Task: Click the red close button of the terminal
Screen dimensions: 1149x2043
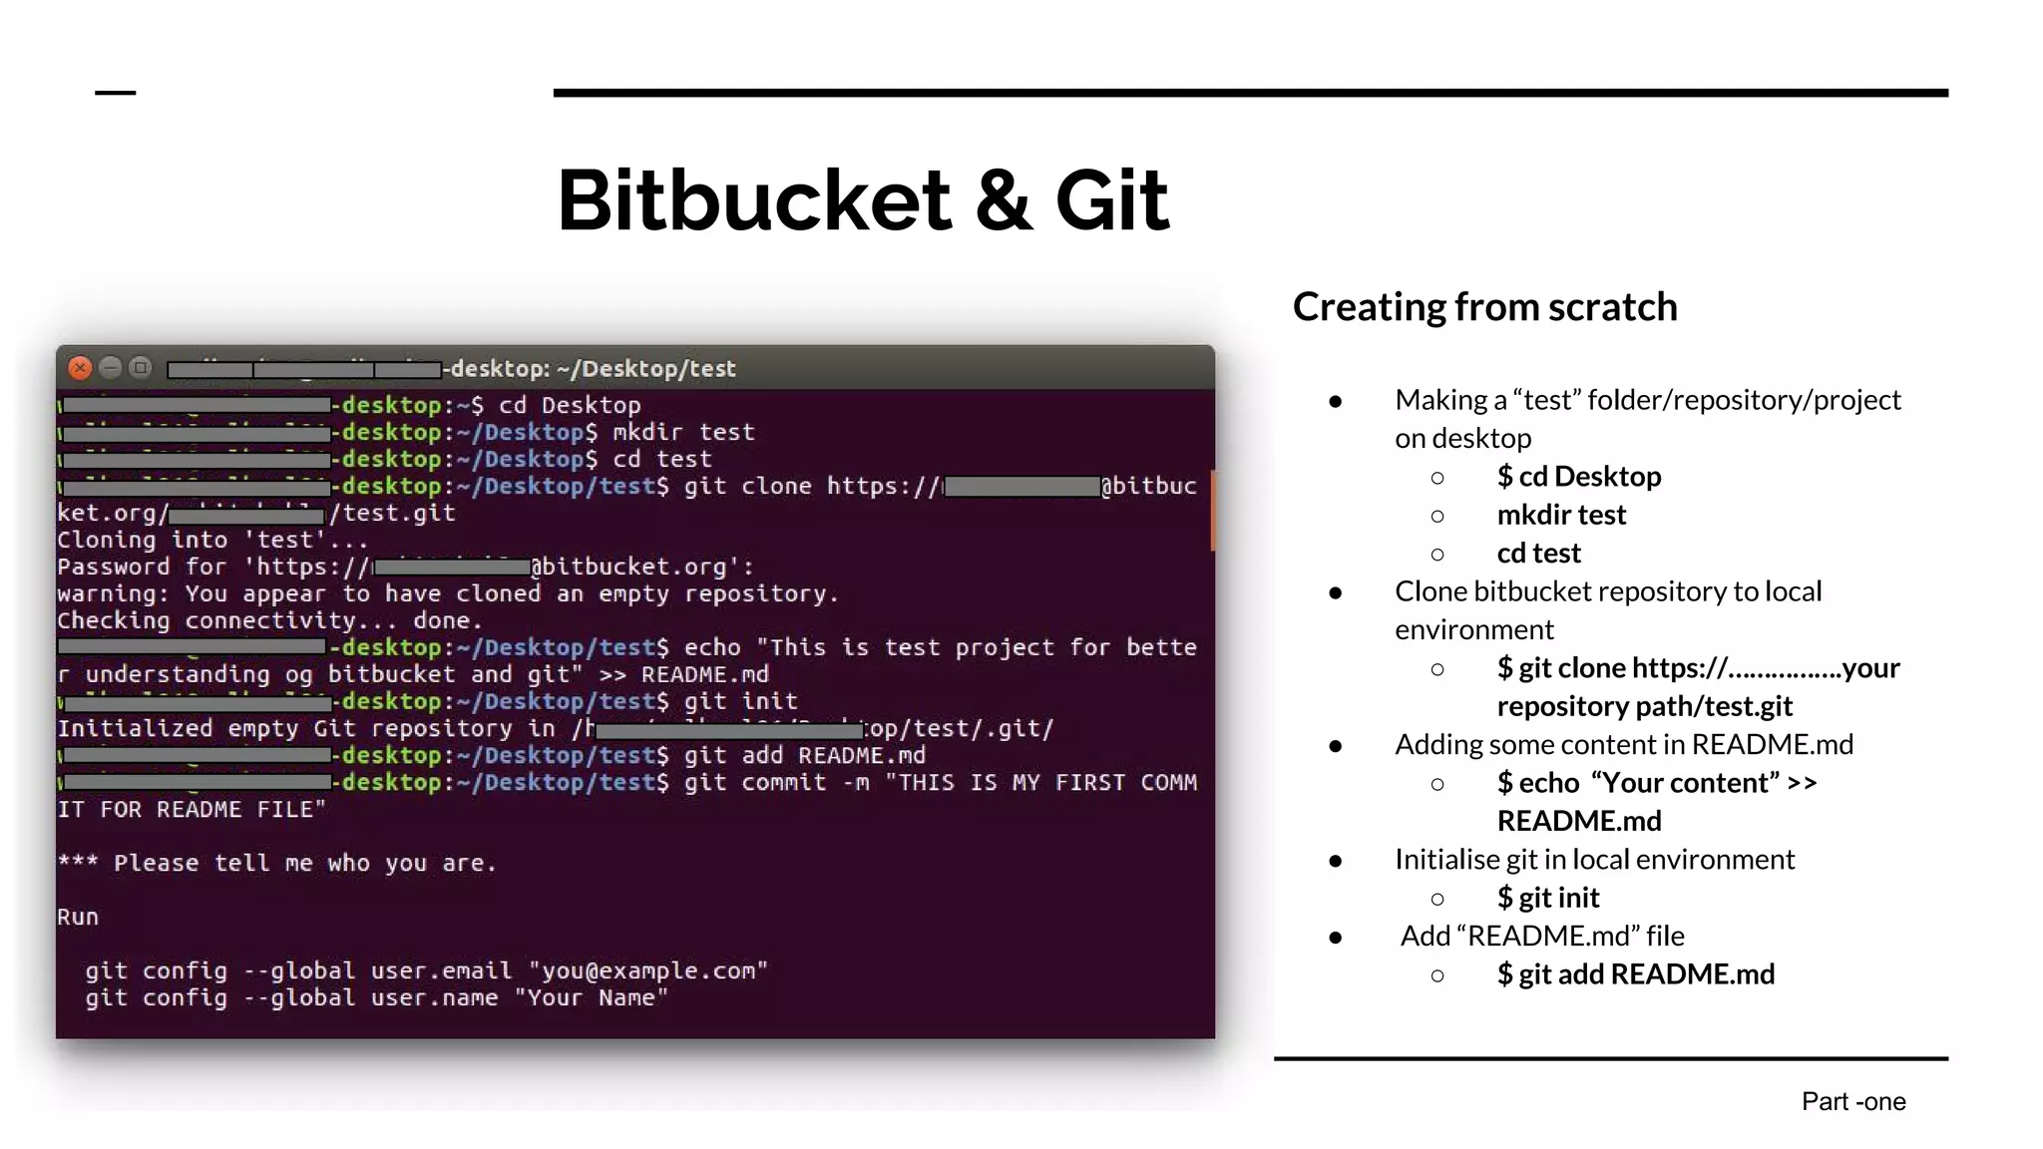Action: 80,368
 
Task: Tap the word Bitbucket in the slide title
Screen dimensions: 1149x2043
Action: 754,200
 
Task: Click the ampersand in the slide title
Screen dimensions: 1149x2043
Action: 1004,200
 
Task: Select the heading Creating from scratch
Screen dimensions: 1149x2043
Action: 1484,307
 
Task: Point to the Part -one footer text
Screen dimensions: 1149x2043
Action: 1852,1101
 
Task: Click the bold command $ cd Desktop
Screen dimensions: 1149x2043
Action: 1578,477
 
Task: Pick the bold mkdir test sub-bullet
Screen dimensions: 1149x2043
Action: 1561,515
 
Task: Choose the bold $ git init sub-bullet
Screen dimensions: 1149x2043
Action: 1547,898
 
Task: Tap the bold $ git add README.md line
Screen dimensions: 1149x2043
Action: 1635,974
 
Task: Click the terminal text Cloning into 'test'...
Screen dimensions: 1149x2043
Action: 211,541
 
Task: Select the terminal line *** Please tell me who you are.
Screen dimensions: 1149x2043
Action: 276,863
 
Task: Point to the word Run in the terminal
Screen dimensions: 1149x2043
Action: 78,917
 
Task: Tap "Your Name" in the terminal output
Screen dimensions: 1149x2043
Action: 591,997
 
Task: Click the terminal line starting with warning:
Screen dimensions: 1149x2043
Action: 447,594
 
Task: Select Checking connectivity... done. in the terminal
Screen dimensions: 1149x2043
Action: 269,621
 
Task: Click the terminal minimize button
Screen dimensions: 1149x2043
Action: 111,368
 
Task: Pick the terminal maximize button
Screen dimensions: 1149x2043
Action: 141,368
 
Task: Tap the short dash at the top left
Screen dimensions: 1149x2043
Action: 115,93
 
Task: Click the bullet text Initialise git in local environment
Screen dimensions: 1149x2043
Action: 1593,860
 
